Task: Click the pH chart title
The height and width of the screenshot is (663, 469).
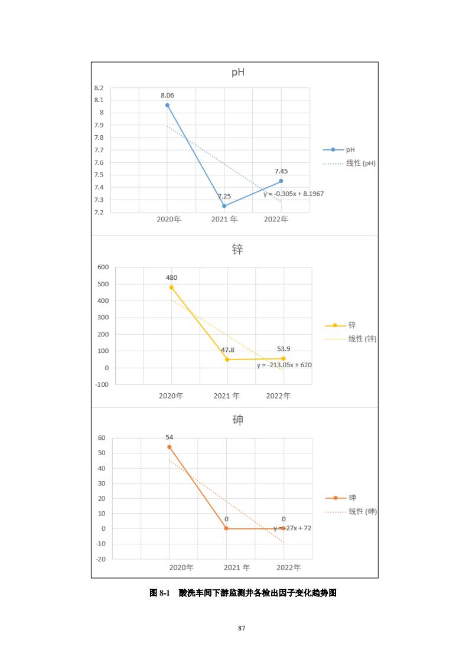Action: coord(237,73)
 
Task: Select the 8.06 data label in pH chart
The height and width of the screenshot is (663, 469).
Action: coord(167,95)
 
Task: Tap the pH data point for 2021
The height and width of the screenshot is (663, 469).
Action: coord(224,206)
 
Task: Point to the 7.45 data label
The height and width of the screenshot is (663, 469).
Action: coord(281,171)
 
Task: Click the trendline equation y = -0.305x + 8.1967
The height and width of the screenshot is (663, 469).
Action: coord(294,194)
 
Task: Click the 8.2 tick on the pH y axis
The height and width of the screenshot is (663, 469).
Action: coord(99,88)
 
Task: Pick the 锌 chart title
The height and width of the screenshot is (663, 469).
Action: coord(237,250)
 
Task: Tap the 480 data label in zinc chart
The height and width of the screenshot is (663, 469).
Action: coord(171,277)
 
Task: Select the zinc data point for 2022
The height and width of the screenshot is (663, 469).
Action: coord(284,358)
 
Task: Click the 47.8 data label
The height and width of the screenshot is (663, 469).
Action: coord(227,350)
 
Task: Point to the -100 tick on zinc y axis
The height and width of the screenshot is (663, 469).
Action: coord(102,384)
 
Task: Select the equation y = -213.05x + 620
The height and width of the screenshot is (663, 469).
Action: coord(284,365)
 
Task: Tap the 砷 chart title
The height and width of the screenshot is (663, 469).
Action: coord(237,420)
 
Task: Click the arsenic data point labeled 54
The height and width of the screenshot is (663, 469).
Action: coord(170,447)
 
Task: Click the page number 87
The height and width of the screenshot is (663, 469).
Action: coord(241,628)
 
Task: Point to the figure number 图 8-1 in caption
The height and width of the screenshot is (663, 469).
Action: coord(159,593)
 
